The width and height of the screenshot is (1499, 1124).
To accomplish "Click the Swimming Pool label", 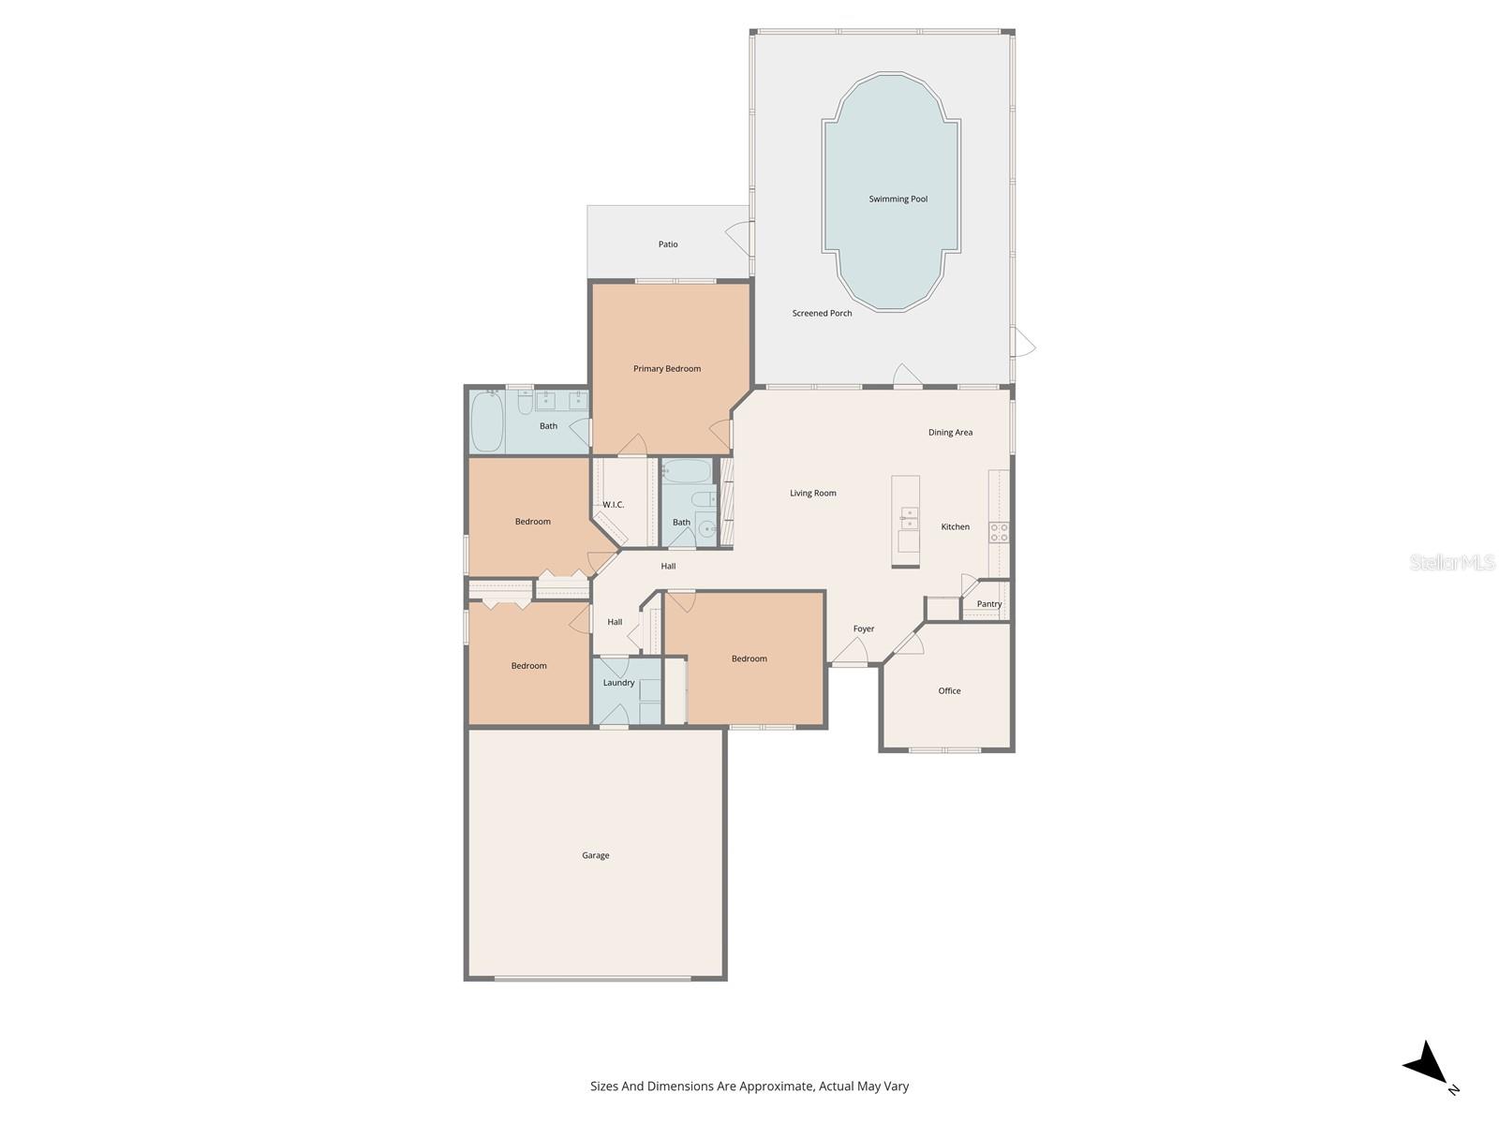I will point(898,199).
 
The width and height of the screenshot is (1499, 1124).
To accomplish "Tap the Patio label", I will point(667,244).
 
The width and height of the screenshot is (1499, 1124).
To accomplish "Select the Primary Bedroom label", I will point(666,369).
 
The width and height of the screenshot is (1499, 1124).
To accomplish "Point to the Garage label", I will point(595,855).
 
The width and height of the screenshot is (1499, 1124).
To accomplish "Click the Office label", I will point(949,691).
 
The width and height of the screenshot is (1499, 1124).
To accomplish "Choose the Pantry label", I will point(988,604).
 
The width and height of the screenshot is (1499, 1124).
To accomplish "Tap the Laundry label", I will point(618,683).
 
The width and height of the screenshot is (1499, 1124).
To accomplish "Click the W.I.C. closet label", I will point(613,505).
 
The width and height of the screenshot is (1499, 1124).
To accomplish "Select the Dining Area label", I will point(950,433).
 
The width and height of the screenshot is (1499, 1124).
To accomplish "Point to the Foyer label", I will point(863,629).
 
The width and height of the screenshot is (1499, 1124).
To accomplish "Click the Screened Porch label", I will point(822,314).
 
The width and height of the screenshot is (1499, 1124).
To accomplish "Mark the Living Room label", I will point(812,494).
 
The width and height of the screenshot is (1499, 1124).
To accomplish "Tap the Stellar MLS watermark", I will point(1451,563).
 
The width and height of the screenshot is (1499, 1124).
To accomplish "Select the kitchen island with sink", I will point(905,521).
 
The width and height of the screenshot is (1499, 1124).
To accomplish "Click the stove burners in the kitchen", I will point(999,532).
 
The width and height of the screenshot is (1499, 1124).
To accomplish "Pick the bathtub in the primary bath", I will point(487,421).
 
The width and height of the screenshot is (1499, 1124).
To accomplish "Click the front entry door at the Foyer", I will point(851,654).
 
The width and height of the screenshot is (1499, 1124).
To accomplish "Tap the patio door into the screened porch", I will point(739,239).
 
